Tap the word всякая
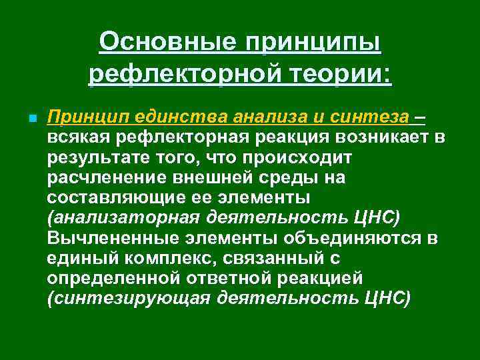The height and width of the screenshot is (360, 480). click(x=73, y=138)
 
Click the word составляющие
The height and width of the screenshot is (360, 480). click(x=109, y=199)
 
